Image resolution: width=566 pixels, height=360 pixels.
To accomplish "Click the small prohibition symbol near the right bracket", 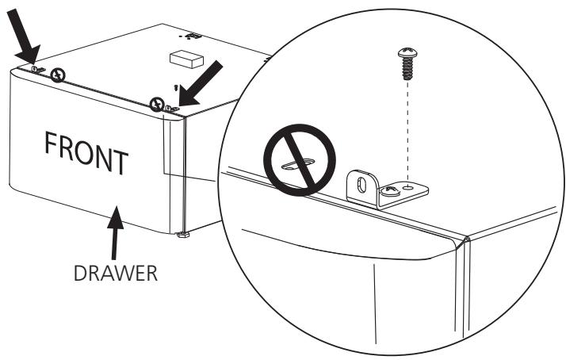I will [159, 103].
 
